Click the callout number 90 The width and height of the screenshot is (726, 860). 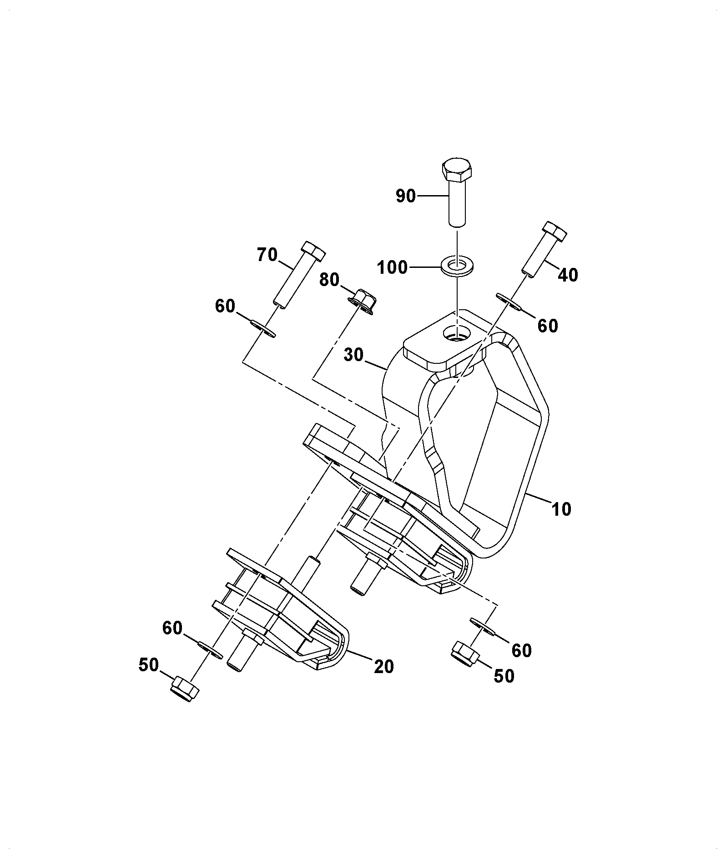pos(406,196)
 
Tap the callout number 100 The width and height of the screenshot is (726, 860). pos(392,267)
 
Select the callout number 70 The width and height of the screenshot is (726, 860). pos(267,255)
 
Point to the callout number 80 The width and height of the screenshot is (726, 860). pos(329,280)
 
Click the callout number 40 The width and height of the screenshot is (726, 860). pos(568,275)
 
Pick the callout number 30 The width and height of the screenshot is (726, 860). pos(354,355)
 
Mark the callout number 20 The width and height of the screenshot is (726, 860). pos(383,667)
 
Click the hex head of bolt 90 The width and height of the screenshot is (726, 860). pos(457,170)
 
